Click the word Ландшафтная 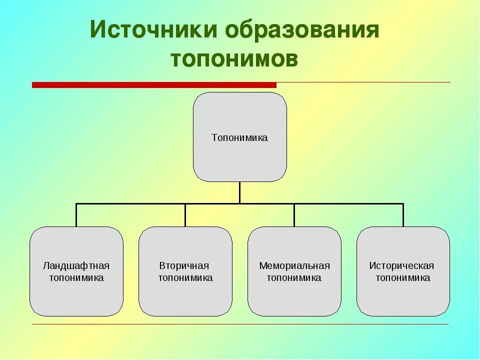(76, 265)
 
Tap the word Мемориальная (294, 265)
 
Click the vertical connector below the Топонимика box (240, 192)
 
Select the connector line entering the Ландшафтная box (76, 215)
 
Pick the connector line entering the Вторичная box (185, 215)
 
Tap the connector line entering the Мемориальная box (294, 215)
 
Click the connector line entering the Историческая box (403, 215)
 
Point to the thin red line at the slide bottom (240, 324)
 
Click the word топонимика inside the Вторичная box (185, 278)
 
